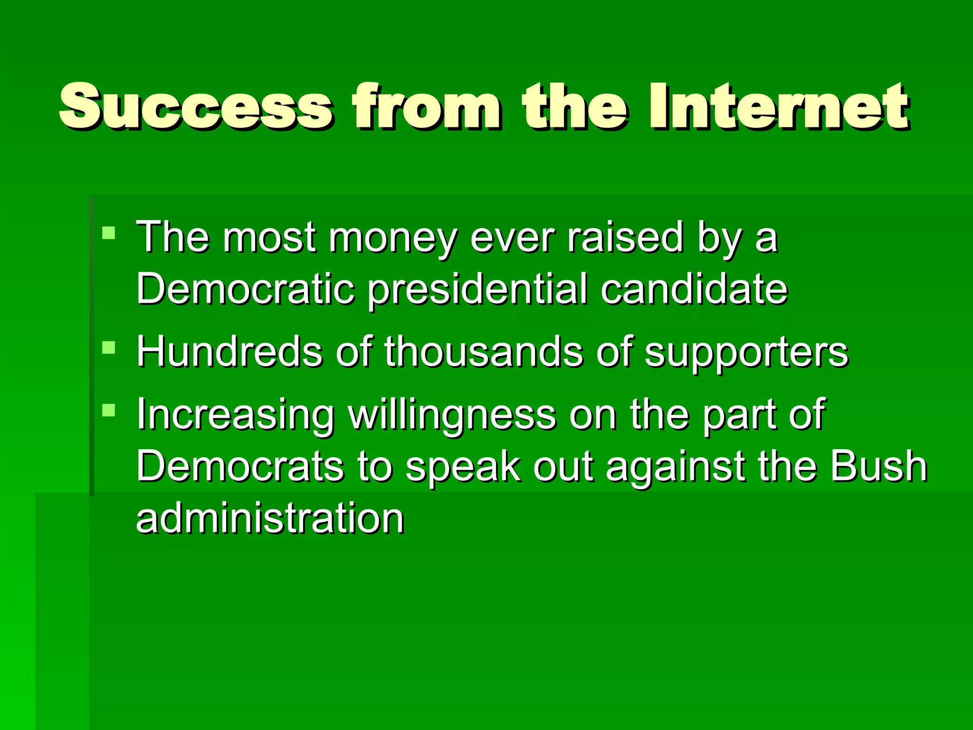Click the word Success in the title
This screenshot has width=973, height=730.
(195, 106)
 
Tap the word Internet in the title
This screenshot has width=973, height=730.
(779, 106)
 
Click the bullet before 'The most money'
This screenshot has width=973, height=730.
(109, 232)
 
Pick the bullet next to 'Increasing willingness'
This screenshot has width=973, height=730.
(109, 410)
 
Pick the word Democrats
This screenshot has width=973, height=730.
(240, 466)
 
